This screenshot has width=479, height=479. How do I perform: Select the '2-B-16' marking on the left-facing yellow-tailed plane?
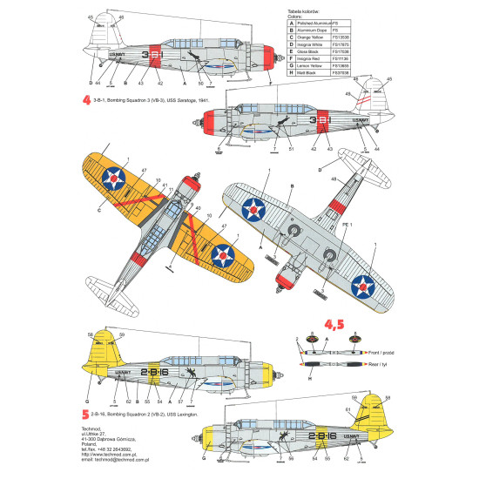(x=153, y=373)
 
